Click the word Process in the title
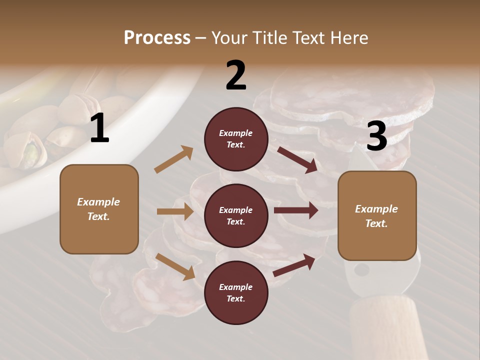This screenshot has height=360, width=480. coord(157,37)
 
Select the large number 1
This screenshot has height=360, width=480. coord(99,128)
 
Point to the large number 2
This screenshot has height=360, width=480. coord(236,75)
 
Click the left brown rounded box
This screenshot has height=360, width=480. coord(99,209)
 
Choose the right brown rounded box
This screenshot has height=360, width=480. coord(377,215)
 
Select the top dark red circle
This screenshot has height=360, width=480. coord(236,139)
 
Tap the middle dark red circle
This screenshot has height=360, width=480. coord(236,215)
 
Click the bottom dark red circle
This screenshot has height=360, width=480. coord(236,292)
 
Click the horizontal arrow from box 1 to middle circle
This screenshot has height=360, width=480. coord(175,211)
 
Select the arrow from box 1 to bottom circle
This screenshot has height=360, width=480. coord(175,266)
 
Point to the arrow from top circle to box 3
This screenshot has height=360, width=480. coord(297,159)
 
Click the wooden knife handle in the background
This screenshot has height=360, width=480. coord(385,325)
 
